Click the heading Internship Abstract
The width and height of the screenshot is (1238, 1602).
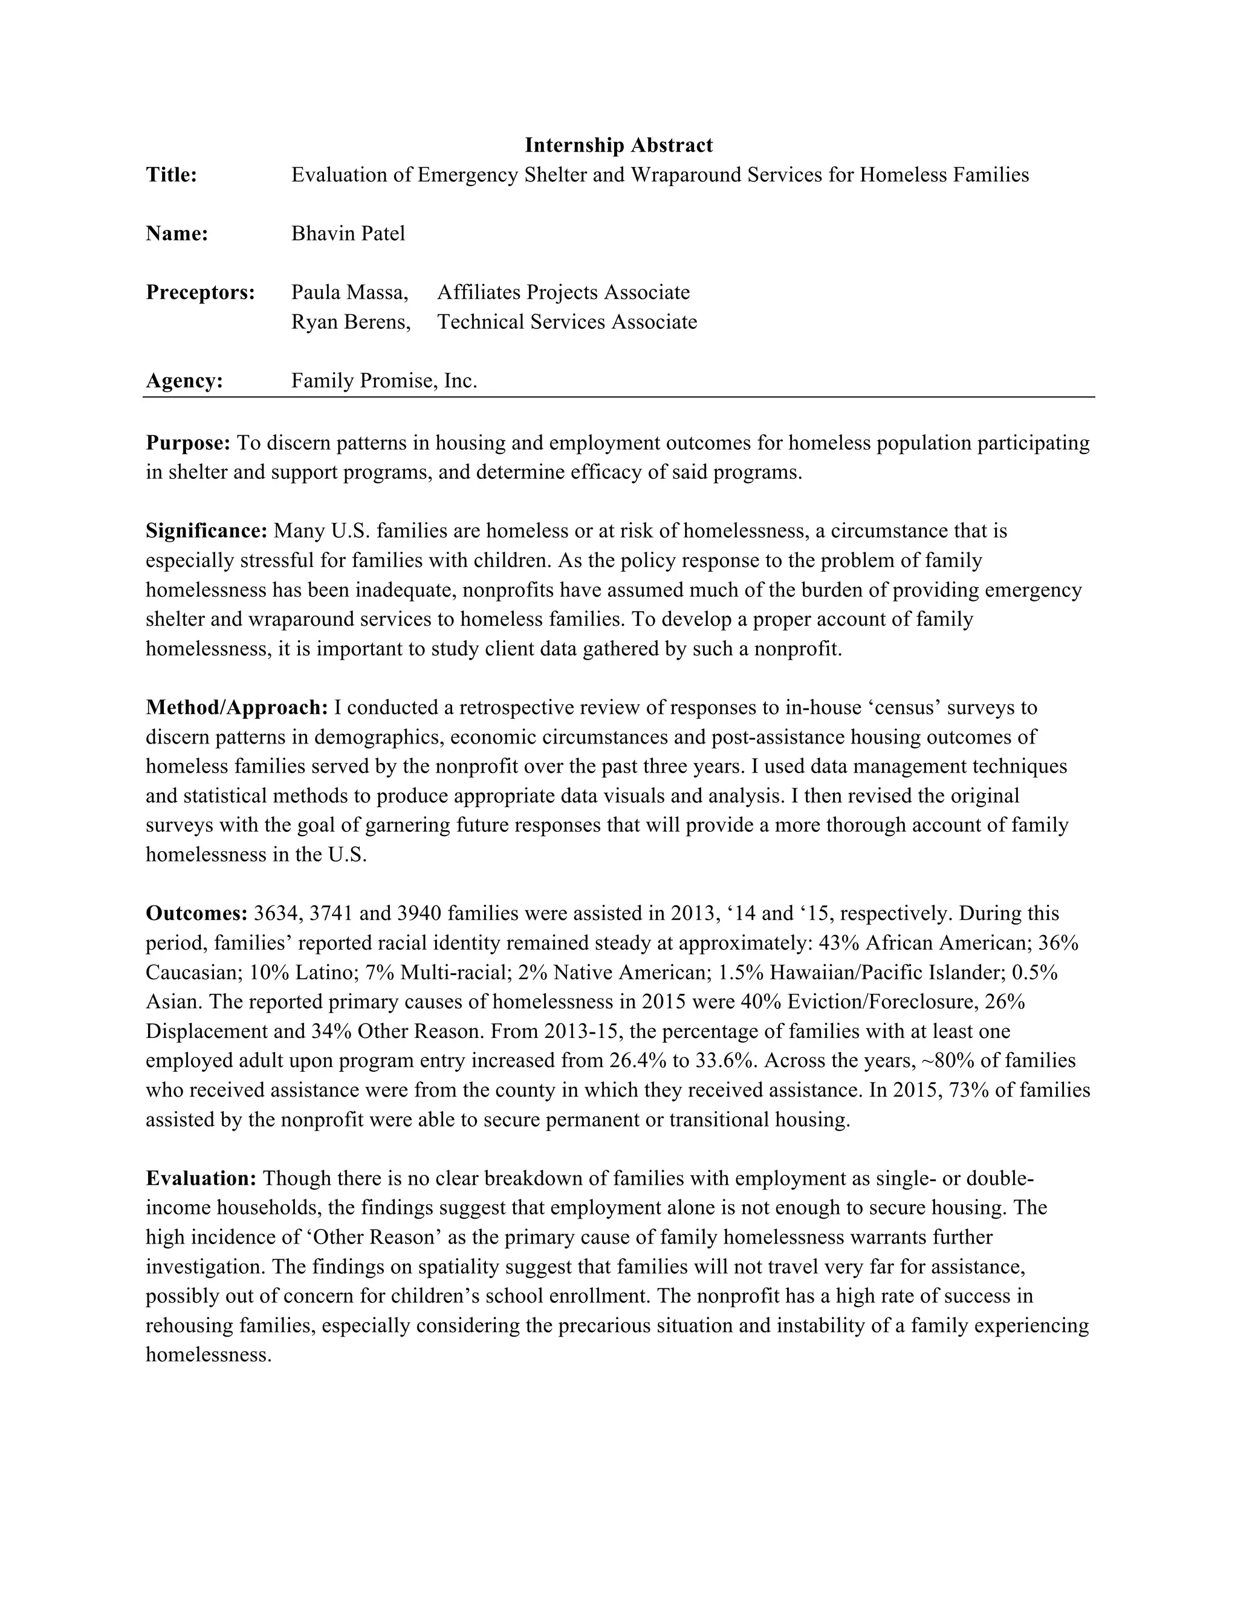point(618,145)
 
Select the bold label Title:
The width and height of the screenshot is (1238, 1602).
point(172,175)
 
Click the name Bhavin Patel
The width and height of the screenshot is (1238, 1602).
point(348,233)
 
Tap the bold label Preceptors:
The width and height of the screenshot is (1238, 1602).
point(200,292)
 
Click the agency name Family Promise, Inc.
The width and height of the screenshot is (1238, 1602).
point(384,381)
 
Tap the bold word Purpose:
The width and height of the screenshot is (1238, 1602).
point(189,443)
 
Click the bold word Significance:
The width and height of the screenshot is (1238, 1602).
point(207,530)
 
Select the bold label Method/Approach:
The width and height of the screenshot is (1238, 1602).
point(237,707)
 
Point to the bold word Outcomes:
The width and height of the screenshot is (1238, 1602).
point(196,913)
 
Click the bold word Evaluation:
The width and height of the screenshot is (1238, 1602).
point(201,1178)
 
